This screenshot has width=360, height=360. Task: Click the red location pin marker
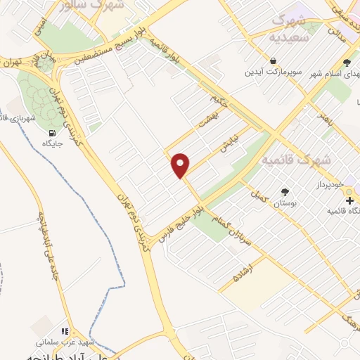[x=181, y=165]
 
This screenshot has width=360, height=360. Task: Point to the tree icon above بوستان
[x=285, y=192]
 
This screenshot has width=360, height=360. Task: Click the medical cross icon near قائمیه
[x=349, y=200]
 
